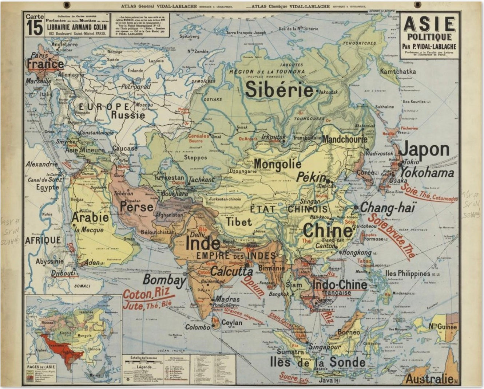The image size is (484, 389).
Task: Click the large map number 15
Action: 35,29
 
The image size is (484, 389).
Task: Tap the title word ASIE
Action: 429,24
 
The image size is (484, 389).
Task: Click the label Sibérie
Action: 279,90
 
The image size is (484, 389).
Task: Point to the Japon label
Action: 424,150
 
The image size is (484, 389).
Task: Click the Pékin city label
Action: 311,177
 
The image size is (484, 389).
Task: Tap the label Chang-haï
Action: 388,208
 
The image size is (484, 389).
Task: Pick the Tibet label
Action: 239,221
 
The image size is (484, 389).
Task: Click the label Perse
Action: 137,207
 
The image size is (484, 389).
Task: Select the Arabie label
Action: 90,217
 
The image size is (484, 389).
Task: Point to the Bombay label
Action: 164,280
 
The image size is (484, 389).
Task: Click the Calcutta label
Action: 231,271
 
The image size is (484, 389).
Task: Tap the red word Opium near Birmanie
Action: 253,286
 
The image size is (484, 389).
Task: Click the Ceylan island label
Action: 231,323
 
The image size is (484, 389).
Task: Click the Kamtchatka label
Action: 398,71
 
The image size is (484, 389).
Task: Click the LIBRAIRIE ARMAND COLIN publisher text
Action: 77,27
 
